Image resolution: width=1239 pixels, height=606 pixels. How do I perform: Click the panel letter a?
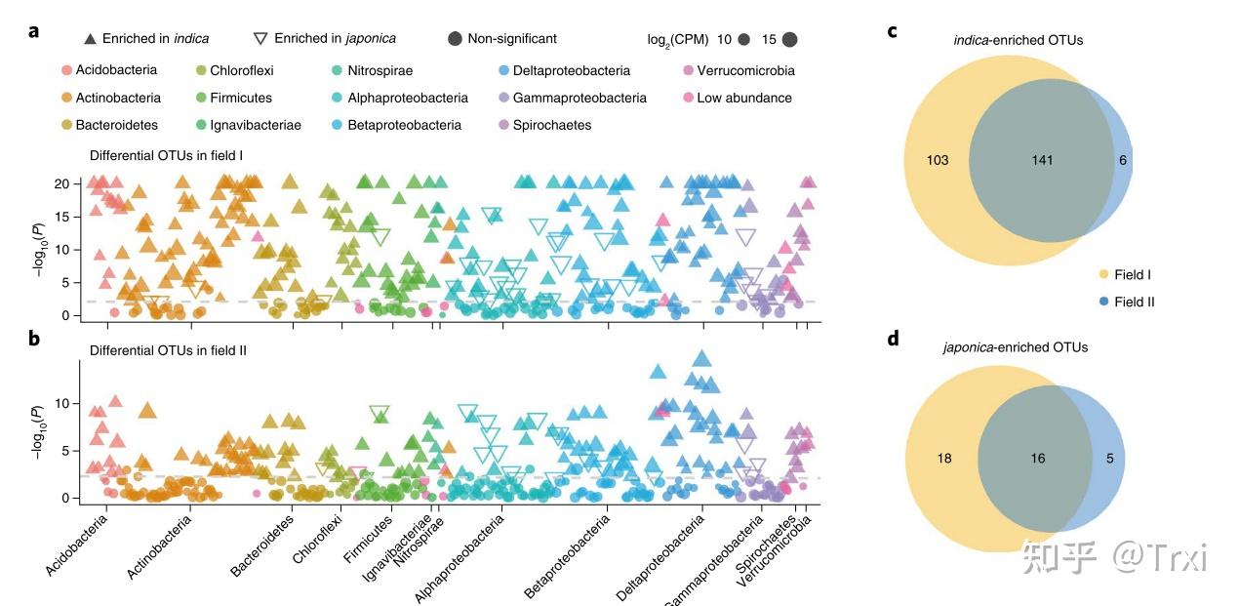click(x=34, y=30)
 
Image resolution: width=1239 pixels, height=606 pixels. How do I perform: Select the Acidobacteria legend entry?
click(x=115, y=70)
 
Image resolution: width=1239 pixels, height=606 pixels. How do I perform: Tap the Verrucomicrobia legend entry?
click(x=745, y=70)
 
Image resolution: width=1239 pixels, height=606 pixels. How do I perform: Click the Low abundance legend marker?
click(x=688, y=98)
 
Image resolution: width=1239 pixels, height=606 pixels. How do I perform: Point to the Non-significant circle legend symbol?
click(x=455, y=39)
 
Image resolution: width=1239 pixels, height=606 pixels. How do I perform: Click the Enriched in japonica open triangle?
click(x=260, y=39)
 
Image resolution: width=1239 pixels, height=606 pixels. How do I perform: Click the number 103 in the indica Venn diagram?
click(x=938, y=160)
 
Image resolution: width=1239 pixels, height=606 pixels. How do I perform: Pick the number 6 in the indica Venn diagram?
click(x=1125, y=160)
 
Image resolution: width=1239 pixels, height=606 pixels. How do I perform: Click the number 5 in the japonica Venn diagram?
click(x=1109, y=458)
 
